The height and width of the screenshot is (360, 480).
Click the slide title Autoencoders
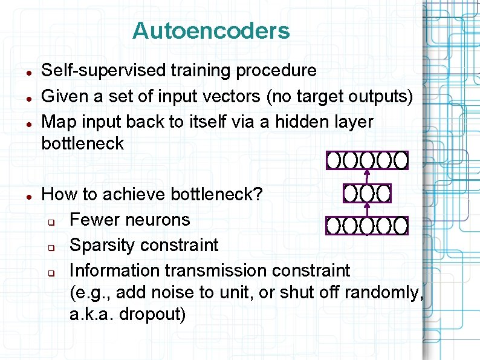tap(211, 31)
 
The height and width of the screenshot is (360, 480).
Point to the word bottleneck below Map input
tap(82, 144)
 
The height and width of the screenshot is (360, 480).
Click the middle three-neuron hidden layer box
tap(367, 194)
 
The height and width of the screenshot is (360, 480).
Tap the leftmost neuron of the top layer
tap(334, 160)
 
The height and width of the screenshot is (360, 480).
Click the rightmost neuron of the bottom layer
tap(401, 226)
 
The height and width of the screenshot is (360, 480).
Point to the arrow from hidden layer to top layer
tap(367, 177)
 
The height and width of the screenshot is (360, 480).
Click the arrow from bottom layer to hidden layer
tap(367, 209)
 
